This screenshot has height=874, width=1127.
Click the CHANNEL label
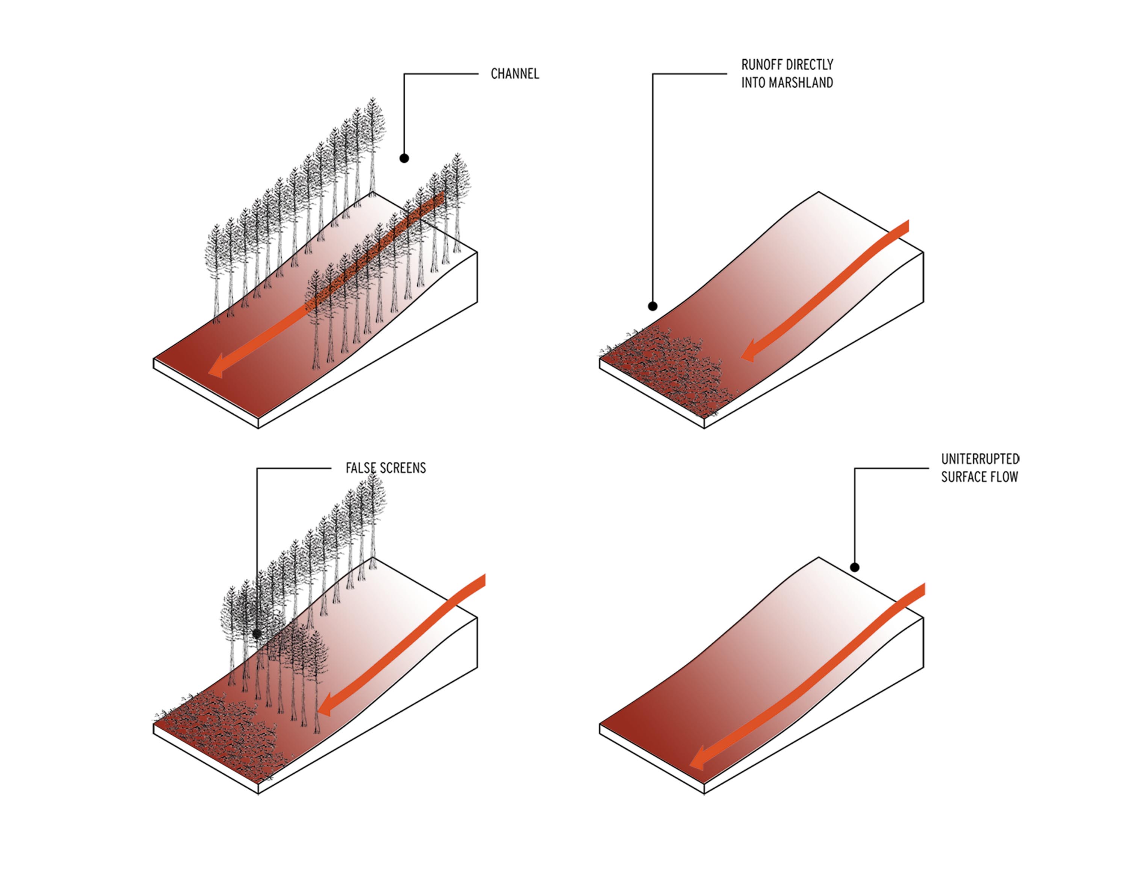(x=515, y=74)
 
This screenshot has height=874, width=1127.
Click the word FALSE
(x=360, y=468)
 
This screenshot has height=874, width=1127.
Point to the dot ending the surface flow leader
(x=855, y=567)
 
